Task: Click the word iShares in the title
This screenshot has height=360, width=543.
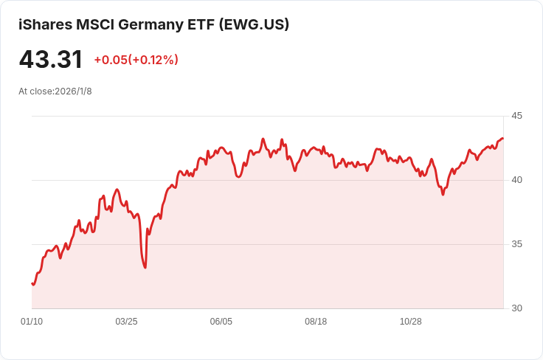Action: click(x=45, y=24)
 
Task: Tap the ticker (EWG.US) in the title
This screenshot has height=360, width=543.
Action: click(x=254, y=24)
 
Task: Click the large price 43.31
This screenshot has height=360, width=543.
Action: click(x=51, y=60)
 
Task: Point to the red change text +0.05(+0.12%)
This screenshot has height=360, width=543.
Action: click(x=136, y=60)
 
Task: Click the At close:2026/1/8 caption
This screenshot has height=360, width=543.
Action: click(x=55, y=91)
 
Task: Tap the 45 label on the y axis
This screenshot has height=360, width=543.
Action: click(x=516, y=116)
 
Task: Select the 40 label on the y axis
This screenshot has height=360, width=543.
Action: click(x=516, y=180)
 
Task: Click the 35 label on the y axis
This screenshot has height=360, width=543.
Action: click(x=516, y=244)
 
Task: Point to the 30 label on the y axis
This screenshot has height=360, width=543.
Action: click(x=516, y=308)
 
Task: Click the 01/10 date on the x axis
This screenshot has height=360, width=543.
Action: click(x=32, y=322)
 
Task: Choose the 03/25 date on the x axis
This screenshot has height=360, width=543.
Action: click(x=126, y=322)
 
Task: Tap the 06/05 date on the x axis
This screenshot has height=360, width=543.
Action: click(x=221, y=322)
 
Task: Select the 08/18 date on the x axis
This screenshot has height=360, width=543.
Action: click(x=316, y=322)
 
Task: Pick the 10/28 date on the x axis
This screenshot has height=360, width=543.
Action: click(x=410, y=322)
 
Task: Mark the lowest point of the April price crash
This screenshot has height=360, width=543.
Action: click(x=145, y=267)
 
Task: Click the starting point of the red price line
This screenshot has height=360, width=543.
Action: click(x=32, y=283)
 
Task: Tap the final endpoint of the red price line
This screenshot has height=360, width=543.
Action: click(x=503, y=139)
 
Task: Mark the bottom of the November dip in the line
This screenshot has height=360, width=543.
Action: click(x=443, y=194)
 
